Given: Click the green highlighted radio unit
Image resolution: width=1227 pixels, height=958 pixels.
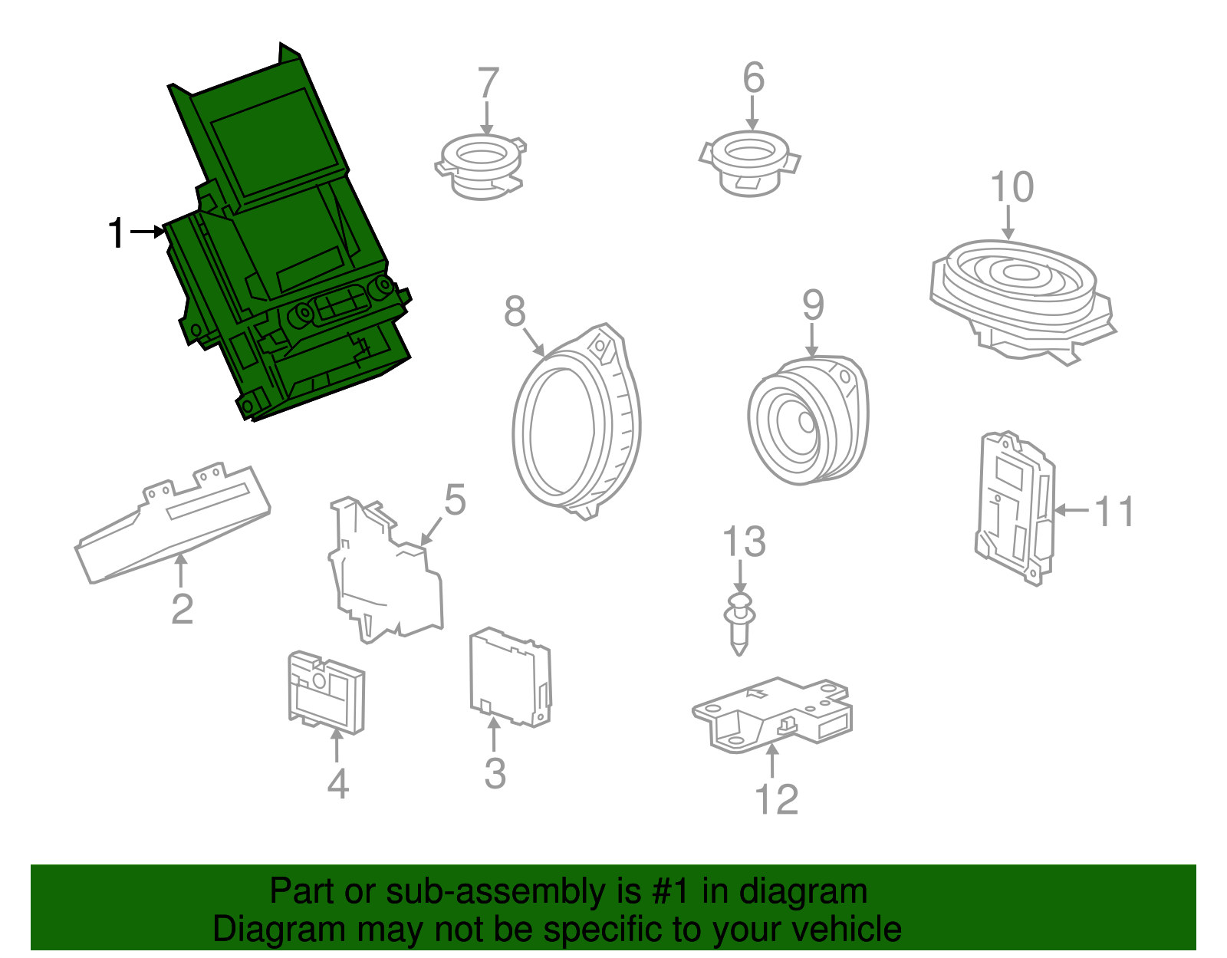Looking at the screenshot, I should click(284, 245).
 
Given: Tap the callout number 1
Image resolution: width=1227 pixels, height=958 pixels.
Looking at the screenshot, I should click(116, 233).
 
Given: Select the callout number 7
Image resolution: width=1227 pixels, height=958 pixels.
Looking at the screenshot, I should click(488, 83).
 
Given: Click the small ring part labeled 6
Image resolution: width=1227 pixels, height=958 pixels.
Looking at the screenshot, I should click(749, 164).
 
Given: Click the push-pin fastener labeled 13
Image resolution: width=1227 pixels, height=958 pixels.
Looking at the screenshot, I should click(739, 621).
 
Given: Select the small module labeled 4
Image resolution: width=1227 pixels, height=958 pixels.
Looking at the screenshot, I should click(326, 690).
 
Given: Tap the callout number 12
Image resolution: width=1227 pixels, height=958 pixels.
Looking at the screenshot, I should click(776, 799).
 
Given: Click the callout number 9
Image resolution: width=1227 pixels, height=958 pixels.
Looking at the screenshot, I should click(813, 305).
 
